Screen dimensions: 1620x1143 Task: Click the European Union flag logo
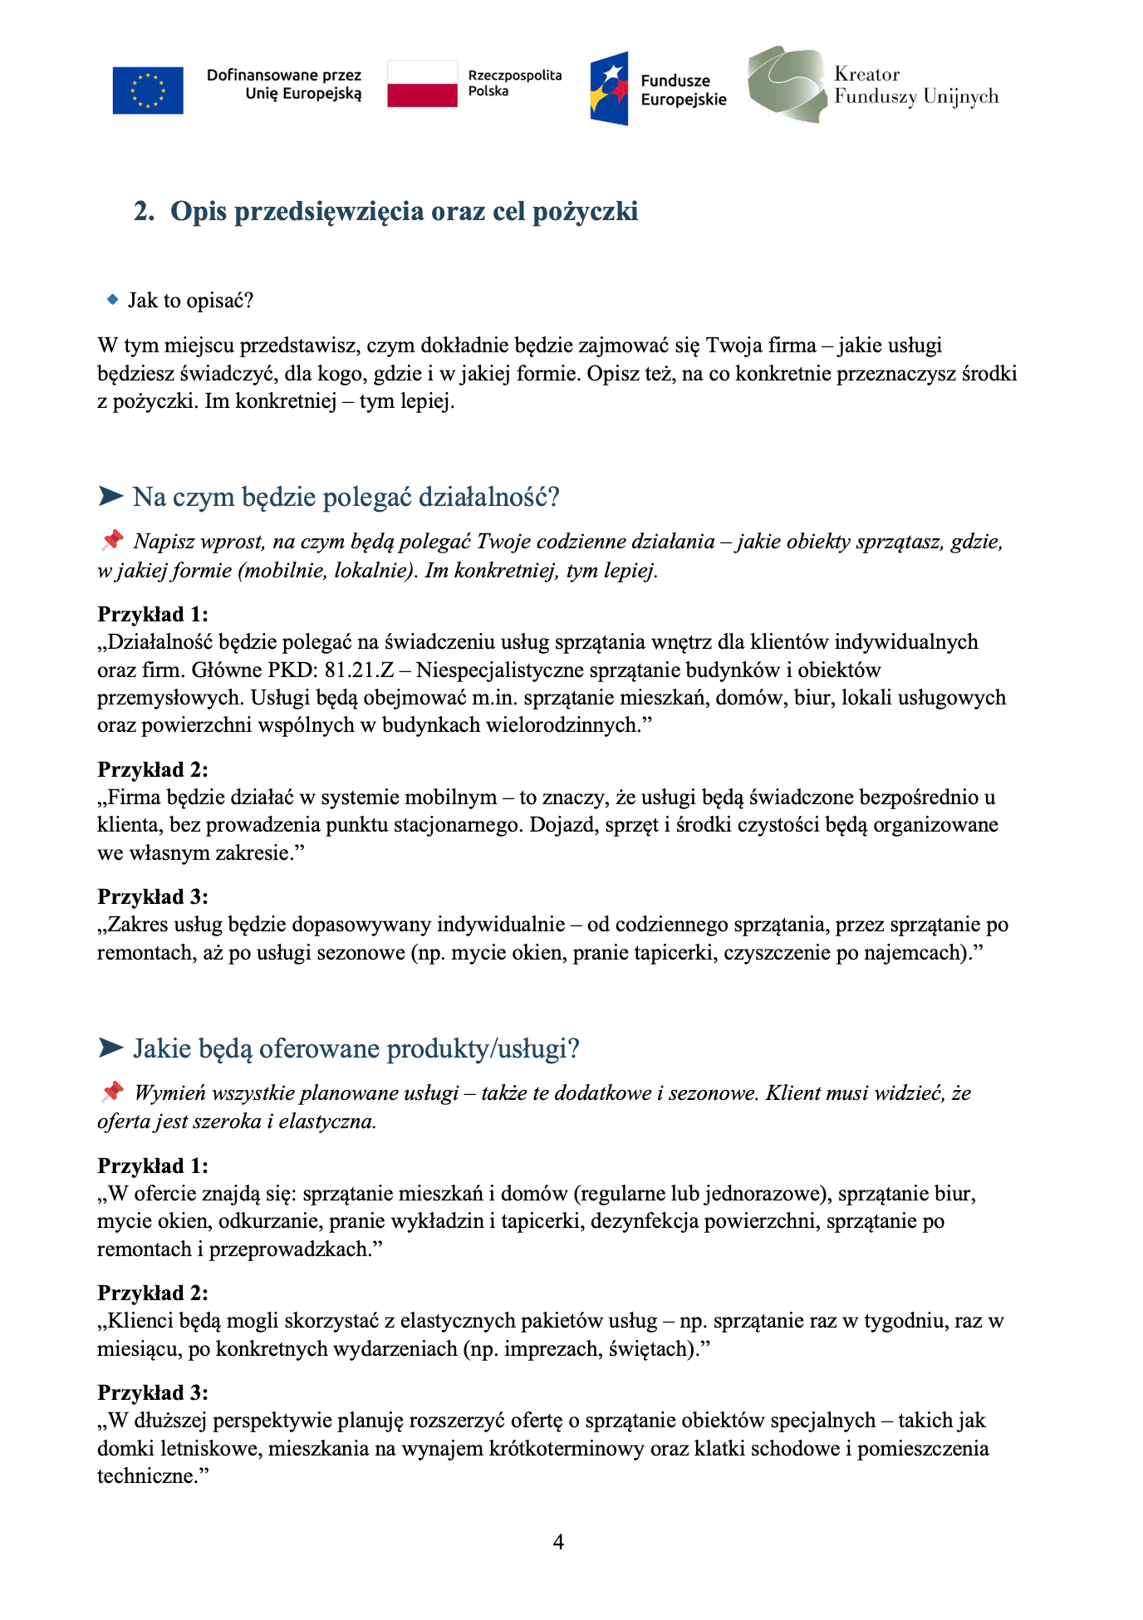click(x=148, y=90)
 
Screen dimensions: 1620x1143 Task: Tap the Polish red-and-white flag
click(x=422, y=84)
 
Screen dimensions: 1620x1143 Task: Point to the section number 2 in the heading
click(x=143, y=212)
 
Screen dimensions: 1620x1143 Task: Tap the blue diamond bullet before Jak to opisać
click(x=113, y=300)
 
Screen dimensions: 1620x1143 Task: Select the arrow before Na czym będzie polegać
click(x=110, y=497)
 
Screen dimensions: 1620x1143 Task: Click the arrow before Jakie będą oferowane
click(x=110, y=1048)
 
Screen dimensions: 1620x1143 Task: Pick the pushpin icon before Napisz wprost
click(x=111, y=541)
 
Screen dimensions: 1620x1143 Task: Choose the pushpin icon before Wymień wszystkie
click(x=111, y=1092)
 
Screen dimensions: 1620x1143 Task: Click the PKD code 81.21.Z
click(x=360, y=670)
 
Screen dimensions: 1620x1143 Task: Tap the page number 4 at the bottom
click(x=558, y=1543)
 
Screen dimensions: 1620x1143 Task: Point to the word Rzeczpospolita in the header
click(x=515, y=76)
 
